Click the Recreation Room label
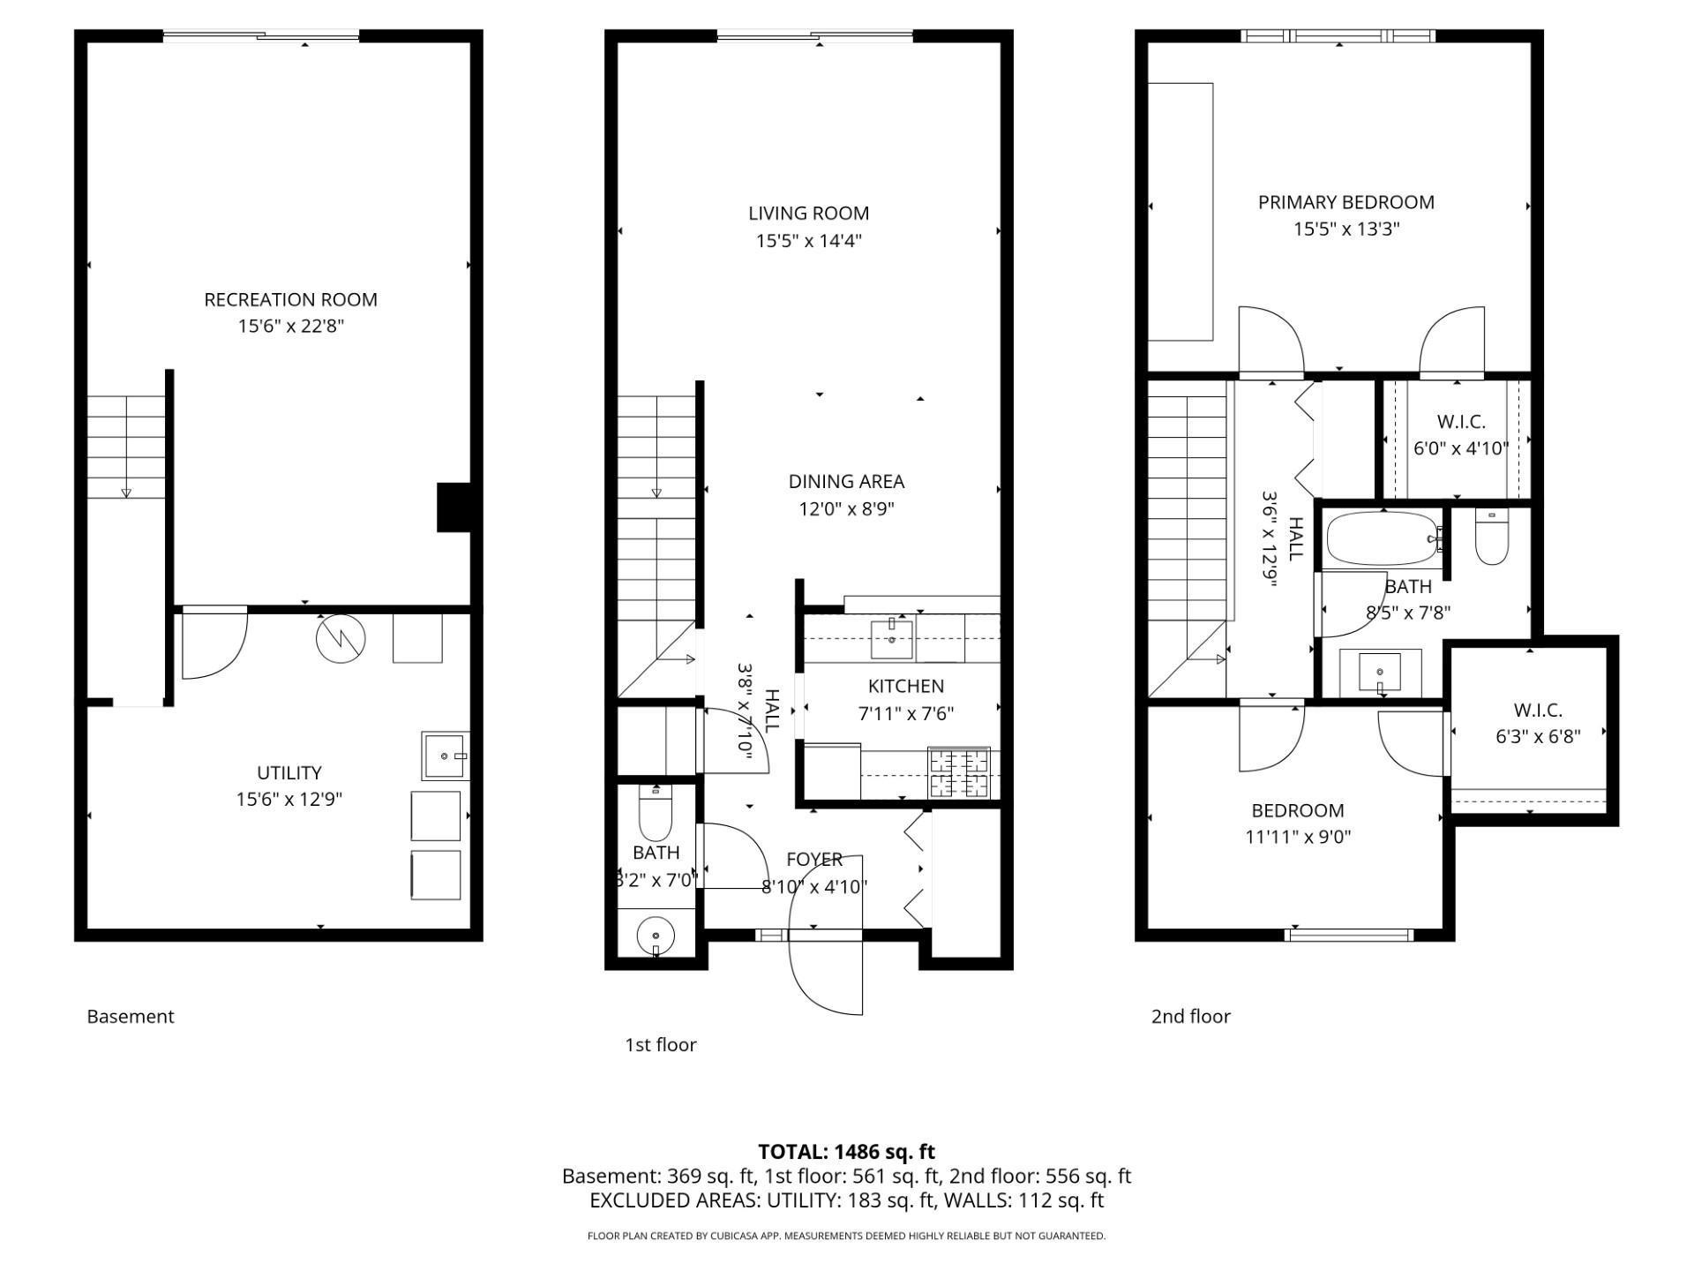click(290, 299)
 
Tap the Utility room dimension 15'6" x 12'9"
click(289, 800)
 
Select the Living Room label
click(808, 213)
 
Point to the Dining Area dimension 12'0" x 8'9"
click(846, 509)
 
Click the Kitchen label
click(905, 686)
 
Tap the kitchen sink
click(892, 638)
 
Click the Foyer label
click(814, 859)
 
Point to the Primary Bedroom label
click(1345, 202)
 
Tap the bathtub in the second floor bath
click(1383, 538)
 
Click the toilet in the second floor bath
click(1492, 538)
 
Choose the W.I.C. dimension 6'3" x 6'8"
click(1538, 736)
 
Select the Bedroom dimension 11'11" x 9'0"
click(1298, 837)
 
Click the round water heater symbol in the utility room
click(341, 638)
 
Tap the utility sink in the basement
click(446, 756)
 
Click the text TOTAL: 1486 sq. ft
click(846, 1152)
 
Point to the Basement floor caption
click(131, 1016)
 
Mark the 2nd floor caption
click(1190, 1016)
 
